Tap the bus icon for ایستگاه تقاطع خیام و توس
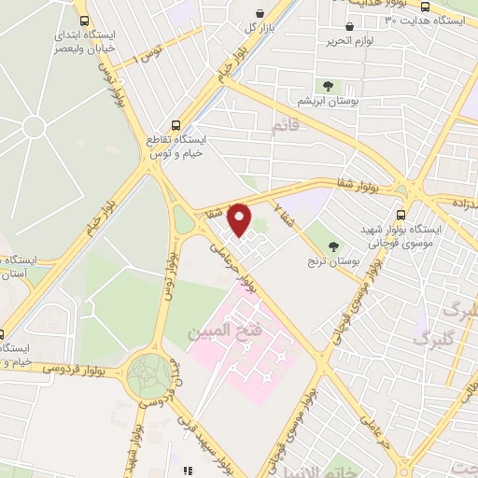tap(176, 124)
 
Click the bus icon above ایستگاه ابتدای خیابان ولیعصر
tap(86, 21)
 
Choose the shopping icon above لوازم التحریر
tap(349, 27)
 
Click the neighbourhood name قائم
tap(286, 125)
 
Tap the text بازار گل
tap(263, 27)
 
